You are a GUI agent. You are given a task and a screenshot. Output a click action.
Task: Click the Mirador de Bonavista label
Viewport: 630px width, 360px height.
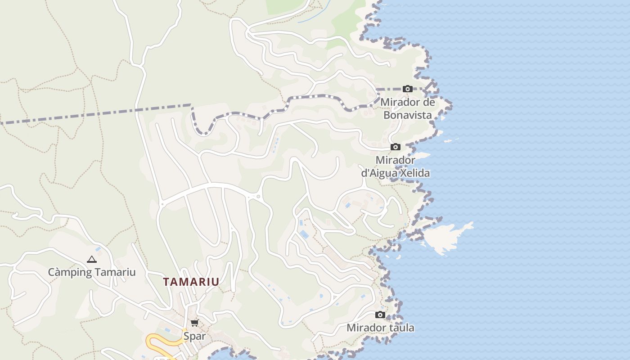[408, 108]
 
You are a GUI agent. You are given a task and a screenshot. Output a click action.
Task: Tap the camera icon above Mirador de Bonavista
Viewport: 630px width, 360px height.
[408, 89]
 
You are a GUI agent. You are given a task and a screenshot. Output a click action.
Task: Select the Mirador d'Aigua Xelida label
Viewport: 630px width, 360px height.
[395, 166]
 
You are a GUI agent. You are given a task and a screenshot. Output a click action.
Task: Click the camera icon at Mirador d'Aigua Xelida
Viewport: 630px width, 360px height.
[396, 147]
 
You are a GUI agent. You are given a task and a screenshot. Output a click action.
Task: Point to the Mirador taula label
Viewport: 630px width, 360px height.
[380, 328]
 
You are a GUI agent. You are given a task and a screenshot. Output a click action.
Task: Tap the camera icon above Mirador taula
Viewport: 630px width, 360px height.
[380, 315]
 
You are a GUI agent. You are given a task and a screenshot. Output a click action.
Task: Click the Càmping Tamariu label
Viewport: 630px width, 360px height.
[92, 272]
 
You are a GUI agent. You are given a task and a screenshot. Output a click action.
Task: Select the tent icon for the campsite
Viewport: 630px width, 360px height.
[92, 259]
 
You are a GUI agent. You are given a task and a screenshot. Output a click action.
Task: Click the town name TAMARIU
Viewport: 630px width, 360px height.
[191, 282]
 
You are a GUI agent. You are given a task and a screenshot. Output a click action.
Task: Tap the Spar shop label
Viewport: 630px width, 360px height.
[194, 336]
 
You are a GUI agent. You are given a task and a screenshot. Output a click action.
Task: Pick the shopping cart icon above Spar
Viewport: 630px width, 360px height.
[194, 323]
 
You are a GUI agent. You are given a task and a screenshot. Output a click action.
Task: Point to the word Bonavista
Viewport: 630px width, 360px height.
[408, 115]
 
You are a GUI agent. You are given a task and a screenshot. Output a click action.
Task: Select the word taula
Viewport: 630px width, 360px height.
[400, 328]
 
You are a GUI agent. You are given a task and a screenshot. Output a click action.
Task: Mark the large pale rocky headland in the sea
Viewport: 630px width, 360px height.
[445, 236]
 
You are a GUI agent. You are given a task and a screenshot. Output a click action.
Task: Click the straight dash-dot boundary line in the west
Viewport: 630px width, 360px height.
[90, 114]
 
